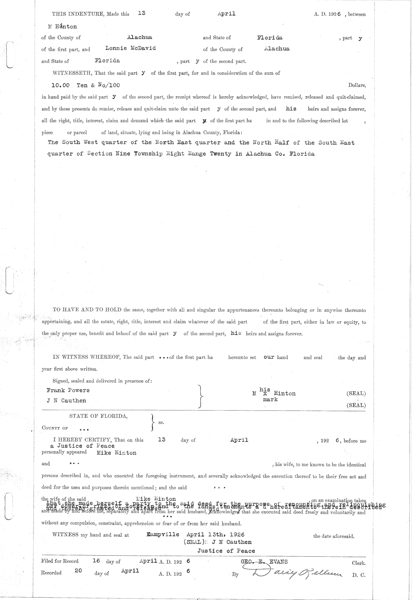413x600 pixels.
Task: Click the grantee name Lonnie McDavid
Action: tap(130, 48)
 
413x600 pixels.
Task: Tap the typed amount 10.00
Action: tap(60, 85)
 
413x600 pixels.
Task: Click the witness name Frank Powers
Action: tap(68, 390)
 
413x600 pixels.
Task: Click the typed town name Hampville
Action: tap(163, 534)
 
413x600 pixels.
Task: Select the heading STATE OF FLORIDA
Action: tap(98, 416)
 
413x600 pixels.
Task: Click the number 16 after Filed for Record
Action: tap(96, 560)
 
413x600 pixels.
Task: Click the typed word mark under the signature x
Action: tap(270, 400)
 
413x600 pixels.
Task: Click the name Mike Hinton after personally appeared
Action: tap(116, 453)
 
